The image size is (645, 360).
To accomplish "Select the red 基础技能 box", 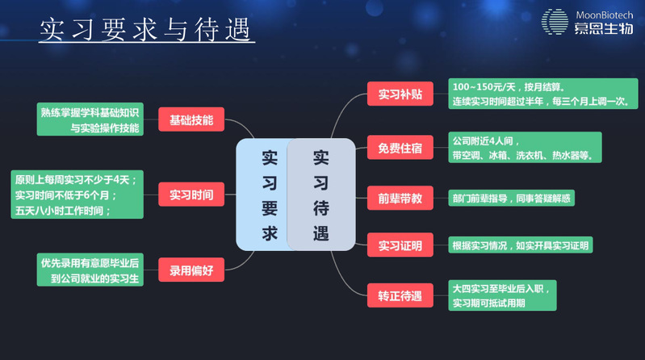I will point(191,120).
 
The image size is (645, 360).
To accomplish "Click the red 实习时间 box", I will point(191,195).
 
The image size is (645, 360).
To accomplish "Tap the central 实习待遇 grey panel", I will point(321,194).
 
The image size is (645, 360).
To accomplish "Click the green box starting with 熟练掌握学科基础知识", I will point(90,120).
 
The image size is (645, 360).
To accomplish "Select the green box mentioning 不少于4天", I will point(77,195).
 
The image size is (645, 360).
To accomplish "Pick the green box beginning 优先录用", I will point(90,270).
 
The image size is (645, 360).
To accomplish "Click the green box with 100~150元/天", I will point(542,94).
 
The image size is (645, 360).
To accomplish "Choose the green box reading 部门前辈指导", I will point(513,197).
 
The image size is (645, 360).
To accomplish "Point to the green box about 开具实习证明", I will point(521,245).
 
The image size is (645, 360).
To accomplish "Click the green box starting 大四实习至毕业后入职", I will point(505,295).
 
